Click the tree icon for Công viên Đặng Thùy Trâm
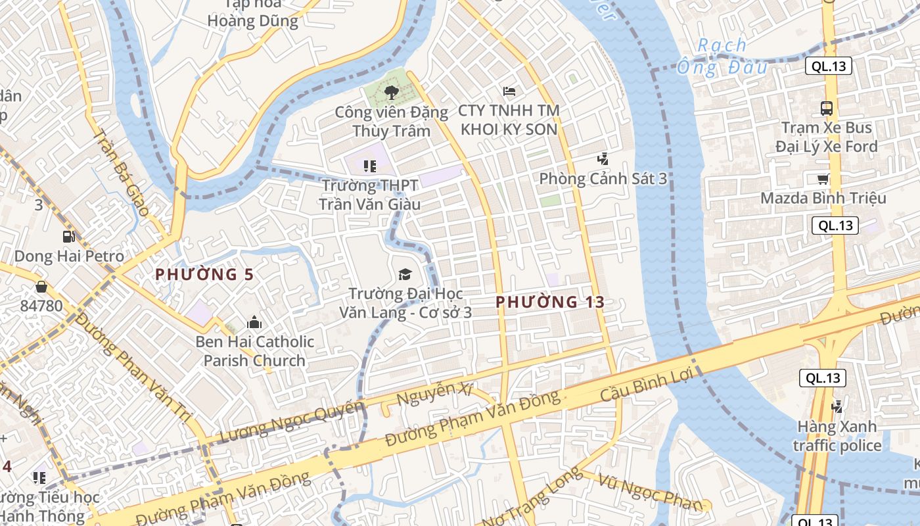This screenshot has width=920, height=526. click(391, 93)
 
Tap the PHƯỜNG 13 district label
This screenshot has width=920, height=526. click(550, 302)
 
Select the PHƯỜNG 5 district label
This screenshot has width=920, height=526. click(204, 275)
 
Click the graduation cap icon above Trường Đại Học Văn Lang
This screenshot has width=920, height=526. click(405, 274)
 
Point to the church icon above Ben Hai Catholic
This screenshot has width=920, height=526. click(254, 322)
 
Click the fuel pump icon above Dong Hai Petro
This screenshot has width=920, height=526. click(68, 237)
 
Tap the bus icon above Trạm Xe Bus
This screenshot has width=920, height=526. click(827, 108)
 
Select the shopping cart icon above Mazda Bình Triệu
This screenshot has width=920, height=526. click(823, 179)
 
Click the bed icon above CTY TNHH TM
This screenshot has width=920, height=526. click(509, 91)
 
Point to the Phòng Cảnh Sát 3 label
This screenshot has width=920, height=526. click(603, 179)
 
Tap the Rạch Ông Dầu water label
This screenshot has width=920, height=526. click(722, 56)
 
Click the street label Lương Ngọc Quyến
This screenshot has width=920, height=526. click(292, 421)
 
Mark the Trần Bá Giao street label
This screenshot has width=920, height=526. click(122, 174)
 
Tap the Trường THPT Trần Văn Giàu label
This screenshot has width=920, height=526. click(369, 195)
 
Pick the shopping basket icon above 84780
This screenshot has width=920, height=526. click(41, 287)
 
